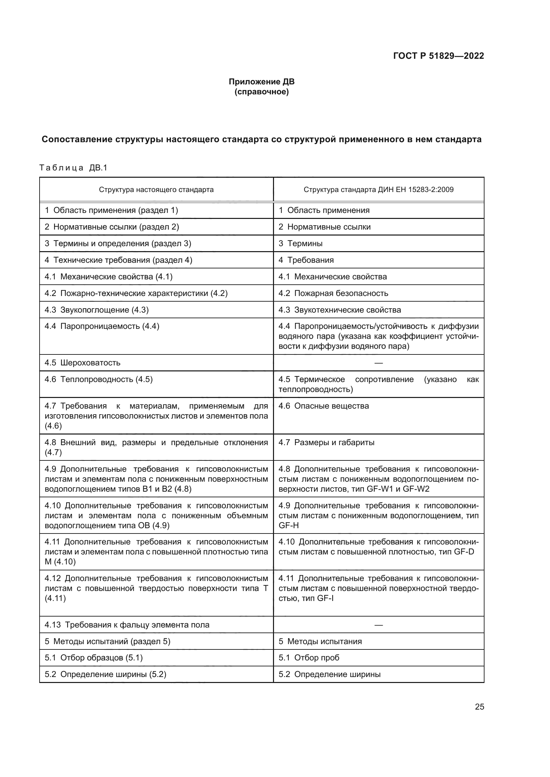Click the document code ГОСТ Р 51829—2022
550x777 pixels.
pos(438,56)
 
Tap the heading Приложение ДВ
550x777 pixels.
pos(261,82)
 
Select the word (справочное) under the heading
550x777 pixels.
pos(261,92)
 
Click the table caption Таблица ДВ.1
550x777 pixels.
pos(73,168)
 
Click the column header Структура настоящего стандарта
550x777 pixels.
pos(156,189)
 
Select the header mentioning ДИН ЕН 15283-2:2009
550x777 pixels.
pos(378,189)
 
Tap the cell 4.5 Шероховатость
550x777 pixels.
pos(82,363)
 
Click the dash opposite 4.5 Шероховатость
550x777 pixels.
pos(378,363)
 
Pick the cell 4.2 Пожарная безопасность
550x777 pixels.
pos(333,293)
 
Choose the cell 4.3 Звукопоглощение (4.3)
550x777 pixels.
pos(96,310)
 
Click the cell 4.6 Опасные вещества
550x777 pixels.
pos(324,406)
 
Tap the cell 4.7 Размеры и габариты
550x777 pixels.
pos(326,442)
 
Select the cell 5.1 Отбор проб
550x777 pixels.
pos(309,657)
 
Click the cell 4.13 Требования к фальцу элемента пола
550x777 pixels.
pos(127,625)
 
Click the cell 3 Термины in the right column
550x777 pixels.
pos(300,243)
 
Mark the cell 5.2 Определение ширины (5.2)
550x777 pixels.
pos(105,674)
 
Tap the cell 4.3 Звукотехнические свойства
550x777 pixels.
pos(340,310)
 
